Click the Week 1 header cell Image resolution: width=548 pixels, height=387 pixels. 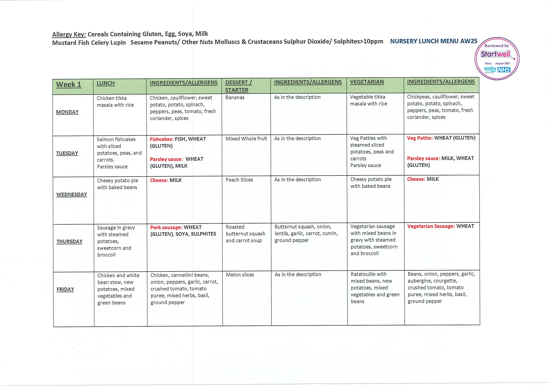(69, 85)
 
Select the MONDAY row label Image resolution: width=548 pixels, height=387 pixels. (67, 112)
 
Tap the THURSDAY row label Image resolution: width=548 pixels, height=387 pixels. (69, 242)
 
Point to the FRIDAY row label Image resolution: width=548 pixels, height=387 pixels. (65, 289)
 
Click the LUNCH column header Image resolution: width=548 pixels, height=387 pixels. (106, 83)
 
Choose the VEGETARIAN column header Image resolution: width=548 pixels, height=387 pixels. (367, 82)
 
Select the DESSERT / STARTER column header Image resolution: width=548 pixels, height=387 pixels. (238, 86)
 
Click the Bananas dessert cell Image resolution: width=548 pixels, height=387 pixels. (235, 98)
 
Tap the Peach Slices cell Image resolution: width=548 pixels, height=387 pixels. (239, 180)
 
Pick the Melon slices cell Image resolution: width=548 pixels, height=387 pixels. (240, 275)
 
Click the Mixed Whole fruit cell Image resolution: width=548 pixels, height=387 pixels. (246, 139)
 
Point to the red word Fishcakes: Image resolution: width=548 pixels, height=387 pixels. (162, 139)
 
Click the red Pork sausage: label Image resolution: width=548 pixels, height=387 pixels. (166, 227)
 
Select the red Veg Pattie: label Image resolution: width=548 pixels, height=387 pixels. (420, 138)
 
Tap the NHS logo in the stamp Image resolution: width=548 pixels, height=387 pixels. (504, 70)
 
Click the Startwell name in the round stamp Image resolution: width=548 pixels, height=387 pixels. (495, 54)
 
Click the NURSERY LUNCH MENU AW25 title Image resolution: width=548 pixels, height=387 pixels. (434, 41)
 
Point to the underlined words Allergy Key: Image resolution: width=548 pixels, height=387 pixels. (69, 34)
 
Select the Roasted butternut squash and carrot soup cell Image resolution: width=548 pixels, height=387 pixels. (245, 234)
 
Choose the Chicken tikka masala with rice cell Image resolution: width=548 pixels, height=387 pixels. (115, 102)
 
